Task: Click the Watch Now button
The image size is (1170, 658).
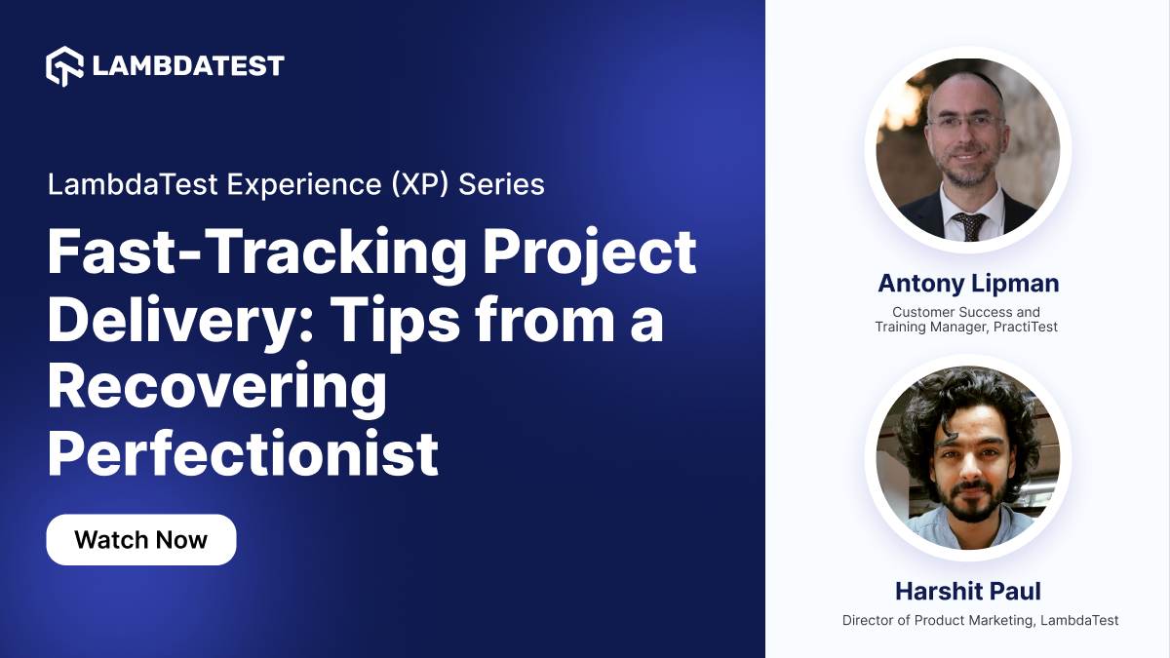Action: pos(140,540)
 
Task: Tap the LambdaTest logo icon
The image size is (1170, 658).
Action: pos(65,65)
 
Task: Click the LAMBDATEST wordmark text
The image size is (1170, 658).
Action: pos(187,66)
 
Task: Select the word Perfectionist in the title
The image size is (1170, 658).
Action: pos(242,452)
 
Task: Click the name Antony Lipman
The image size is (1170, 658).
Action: pos(967,284)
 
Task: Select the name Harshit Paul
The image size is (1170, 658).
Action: pos(967,591)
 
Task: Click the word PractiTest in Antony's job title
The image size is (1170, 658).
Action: pos(1026,328)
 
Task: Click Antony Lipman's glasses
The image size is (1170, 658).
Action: pos(965,124)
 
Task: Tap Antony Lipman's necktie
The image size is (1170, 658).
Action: pos(969,225)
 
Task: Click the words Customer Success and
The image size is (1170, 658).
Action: pos(966,312)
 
